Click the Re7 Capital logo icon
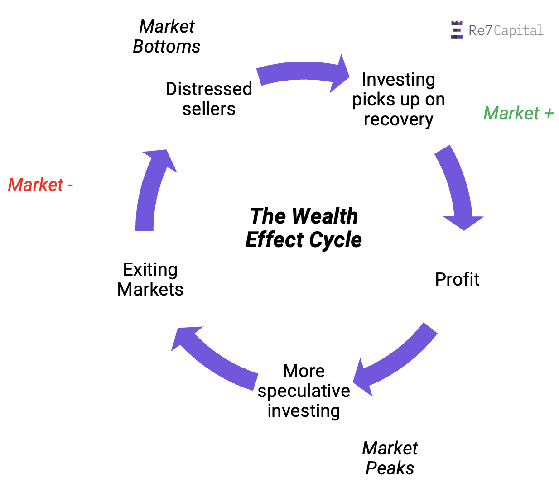[x=457, y=30]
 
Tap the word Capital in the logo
[x=518, y=31]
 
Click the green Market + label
[x=518, y=113]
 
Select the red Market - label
[x=40, y=185]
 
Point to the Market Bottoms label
[x=167, y=37]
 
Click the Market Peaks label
[x=390, y=458]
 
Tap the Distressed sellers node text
[x=209, y=99]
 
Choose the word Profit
[x=457, y=279]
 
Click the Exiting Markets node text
[x=150, y=279]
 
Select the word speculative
[x=304, y=391]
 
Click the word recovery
[x=398, y=119]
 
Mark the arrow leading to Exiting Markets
[x=213, y=358]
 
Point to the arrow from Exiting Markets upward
[x=149, y=190]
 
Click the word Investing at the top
[x=398, y=80]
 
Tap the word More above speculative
[x=304, y=371]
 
